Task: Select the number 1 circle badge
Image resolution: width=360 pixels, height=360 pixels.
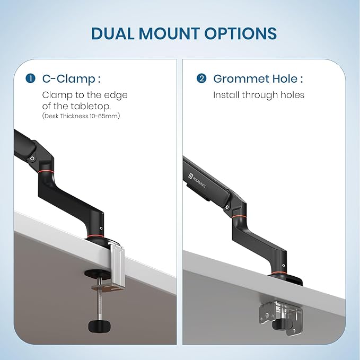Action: [31, 79]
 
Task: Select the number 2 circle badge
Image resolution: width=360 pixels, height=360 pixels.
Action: [201, 79]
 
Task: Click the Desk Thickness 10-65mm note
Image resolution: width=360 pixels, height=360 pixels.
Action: [81, 116]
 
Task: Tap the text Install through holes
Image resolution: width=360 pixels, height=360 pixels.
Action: [259, 95]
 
